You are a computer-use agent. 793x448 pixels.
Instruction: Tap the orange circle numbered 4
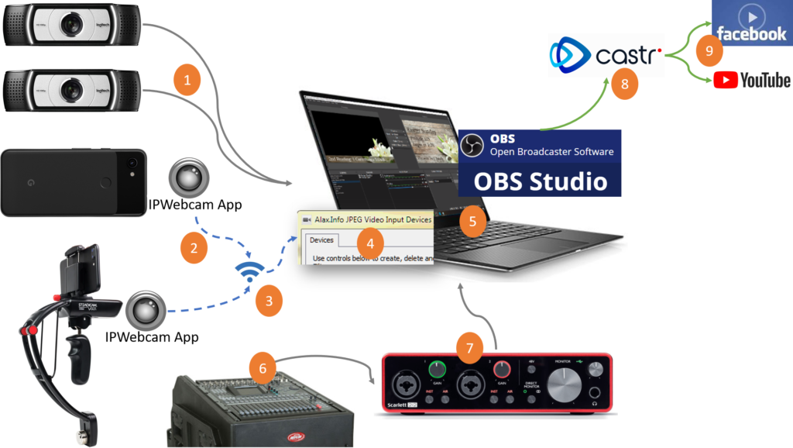tap(370, 243)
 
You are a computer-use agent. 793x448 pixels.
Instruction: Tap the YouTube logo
tap(751, 80)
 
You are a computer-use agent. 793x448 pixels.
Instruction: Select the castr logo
tap(606, 54)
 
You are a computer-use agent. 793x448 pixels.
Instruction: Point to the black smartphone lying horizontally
tap(74, 182)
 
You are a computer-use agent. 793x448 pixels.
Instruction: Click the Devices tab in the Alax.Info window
tap(321, 240)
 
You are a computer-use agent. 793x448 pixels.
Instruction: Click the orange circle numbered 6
tap(263, 368)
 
